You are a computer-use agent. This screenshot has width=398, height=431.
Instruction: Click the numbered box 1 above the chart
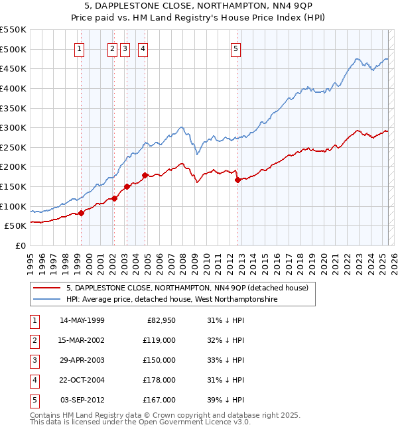click(x=80, y=48)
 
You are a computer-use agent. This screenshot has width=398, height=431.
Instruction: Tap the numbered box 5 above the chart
click(x=236, y=48)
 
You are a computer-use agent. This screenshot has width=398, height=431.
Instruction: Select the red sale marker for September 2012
click(x=237, y=180)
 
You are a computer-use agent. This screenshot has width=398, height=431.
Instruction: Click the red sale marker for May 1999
click(x=82, y=213)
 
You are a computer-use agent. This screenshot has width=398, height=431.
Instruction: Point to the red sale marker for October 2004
click(x=145, y=175)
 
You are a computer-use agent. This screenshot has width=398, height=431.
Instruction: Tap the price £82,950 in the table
click(x=159, y=321)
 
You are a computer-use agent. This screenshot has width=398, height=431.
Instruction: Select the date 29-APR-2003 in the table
click(x=82, y=360)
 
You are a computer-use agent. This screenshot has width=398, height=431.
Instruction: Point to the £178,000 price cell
click(x=159, y=380)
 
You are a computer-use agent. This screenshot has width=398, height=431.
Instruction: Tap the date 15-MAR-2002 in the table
click(x=82, y=341)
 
